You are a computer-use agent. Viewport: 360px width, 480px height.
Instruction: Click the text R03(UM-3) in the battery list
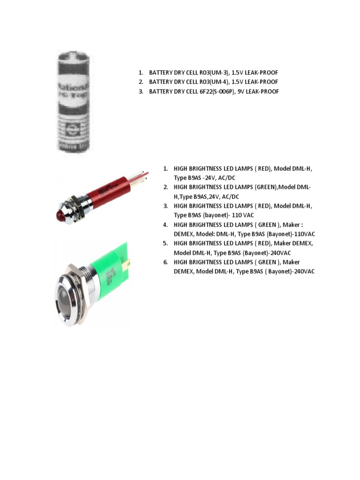point(206,73)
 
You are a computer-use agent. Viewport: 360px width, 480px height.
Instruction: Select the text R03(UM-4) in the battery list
point(206,82)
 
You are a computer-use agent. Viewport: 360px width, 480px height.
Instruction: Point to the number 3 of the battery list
point(140,91)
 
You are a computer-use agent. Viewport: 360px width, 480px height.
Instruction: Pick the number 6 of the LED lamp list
point(165,262)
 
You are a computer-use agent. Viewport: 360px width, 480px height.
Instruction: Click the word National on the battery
point(75,88)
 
